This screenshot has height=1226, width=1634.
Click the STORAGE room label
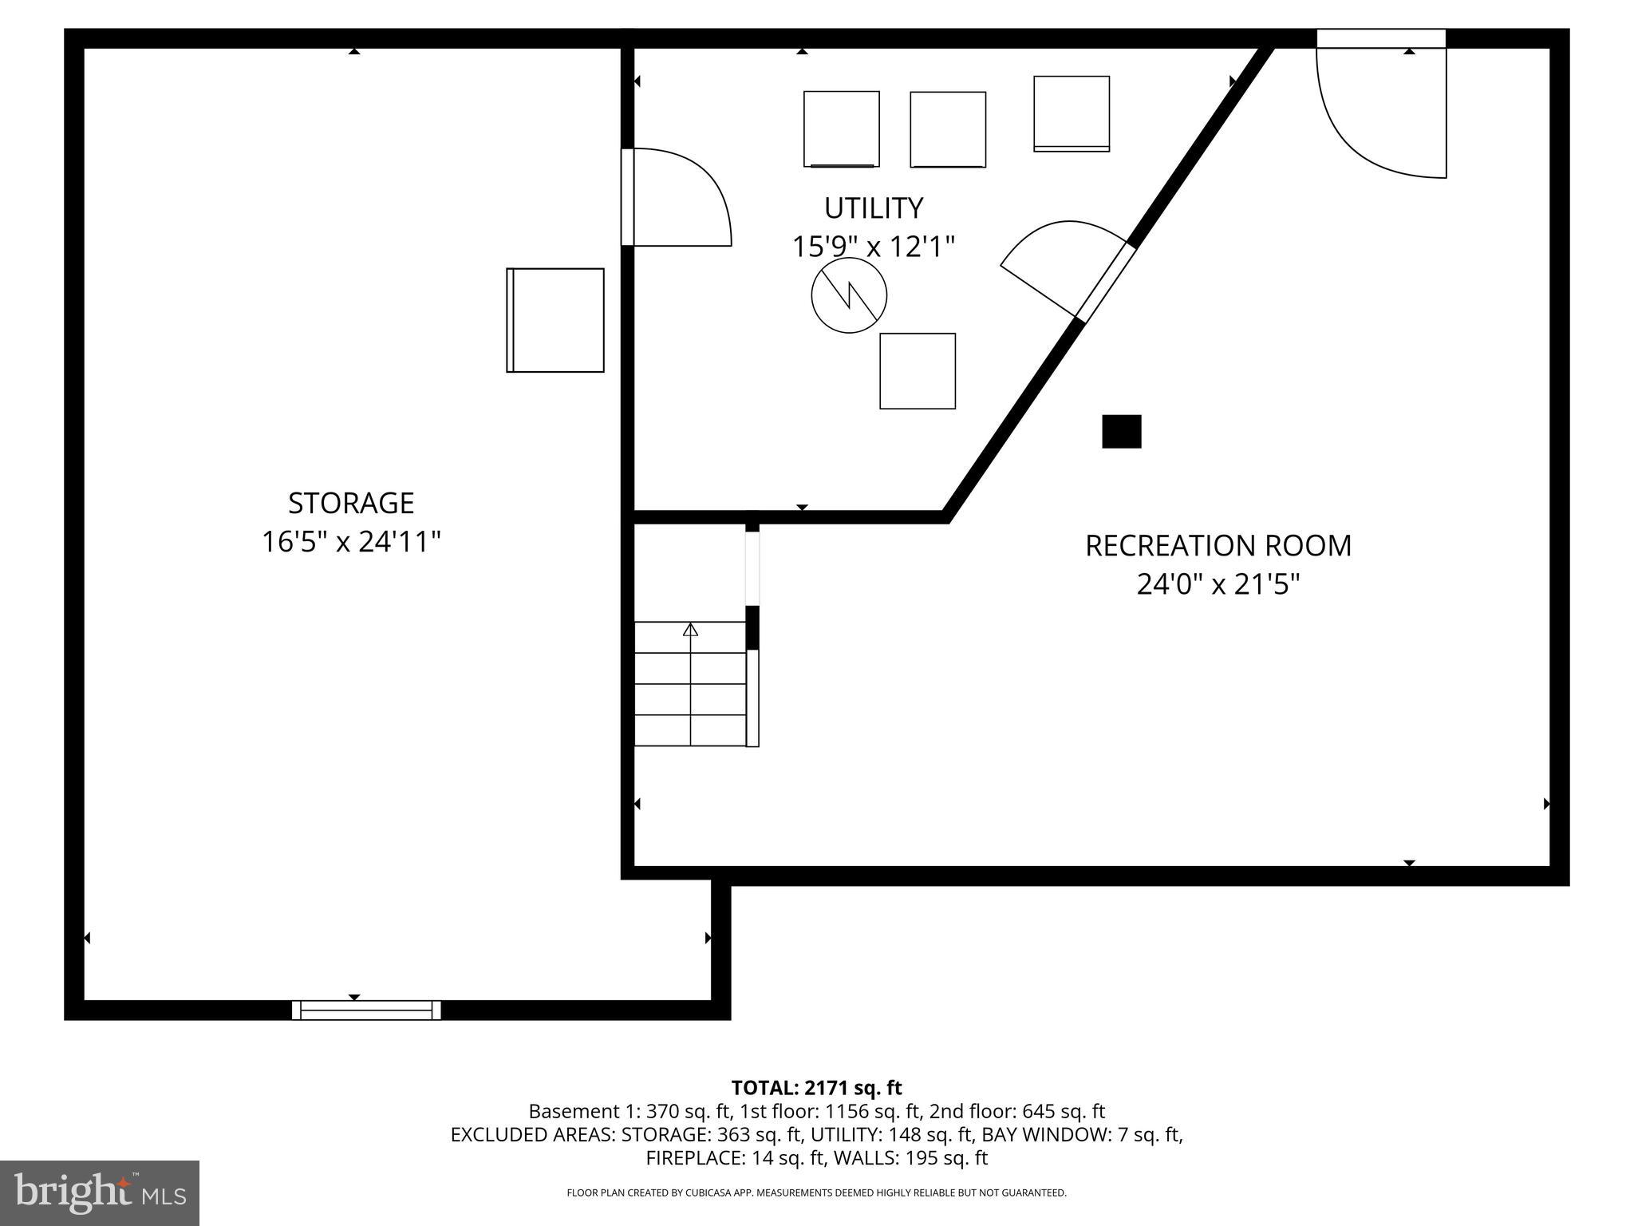click(351, 503)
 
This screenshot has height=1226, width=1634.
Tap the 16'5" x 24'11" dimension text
click(351, 543)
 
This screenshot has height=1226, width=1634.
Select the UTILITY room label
click(874, 208)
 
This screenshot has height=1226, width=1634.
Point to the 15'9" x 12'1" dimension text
click(873, 247)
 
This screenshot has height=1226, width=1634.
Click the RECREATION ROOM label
click(1218, 546)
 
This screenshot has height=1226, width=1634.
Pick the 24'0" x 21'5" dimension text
click(1218, 585)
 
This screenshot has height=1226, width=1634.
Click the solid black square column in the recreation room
click(1121, 432)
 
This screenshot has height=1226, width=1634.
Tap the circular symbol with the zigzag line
click(849, 295)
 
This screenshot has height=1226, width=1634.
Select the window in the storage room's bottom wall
click(366, 1010)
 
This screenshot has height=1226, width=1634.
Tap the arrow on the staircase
click(690, 631)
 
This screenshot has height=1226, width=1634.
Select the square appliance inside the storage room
click(555, 320)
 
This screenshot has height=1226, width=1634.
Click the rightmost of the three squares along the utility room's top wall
click(1072, 113)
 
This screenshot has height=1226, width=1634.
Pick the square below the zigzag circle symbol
click(918, 371)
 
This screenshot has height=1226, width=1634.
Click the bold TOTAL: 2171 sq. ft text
click(816, 1088)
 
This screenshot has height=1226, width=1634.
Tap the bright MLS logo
click(99, 1192)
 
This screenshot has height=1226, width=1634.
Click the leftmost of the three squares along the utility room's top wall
click(841, 129)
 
